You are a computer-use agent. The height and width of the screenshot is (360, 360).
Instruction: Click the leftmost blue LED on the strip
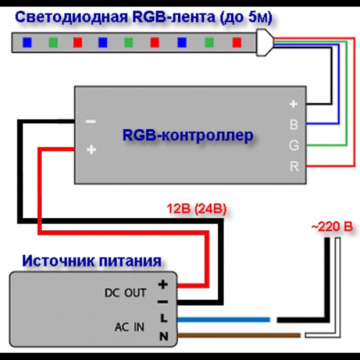[27, 42]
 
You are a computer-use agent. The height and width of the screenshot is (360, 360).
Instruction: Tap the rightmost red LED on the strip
[236, 42]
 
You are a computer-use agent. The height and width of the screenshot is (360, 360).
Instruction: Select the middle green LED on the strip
[128, 42]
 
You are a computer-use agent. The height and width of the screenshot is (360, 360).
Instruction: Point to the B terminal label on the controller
[294, 125]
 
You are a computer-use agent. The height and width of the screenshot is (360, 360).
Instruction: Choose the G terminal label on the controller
[294, 146]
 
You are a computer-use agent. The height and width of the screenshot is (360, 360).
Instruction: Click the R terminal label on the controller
[294, 166]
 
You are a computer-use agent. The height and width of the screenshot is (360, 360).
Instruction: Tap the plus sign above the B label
[294, 104]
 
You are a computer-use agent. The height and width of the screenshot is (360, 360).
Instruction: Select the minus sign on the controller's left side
[91, 121]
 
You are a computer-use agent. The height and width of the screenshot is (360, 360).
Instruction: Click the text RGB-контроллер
[188, 136]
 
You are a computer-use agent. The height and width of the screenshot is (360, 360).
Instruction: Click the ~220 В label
[332, 227]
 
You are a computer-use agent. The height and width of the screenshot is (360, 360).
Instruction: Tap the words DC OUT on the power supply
[125, 293]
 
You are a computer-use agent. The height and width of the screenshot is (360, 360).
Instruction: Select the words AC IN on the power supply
[129, 328]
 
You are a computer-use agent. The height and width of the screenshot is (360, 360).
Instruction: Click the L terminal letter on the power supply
[163, 318]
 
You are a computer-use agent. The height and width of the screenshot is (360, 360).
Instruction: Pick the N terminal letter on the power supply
[163, 337]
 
